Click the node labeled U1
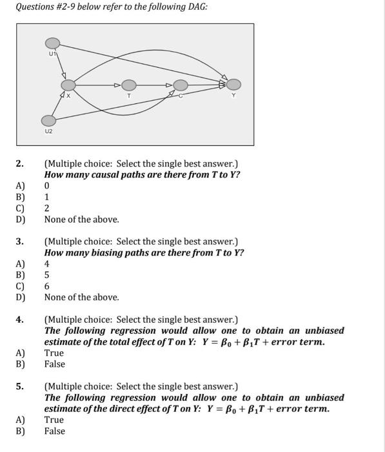[x=52, y=43]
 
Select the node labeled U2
[x=48, y=120]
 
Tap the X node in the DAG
[x=68, y=85]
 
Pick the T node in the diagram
[x=129, y=85]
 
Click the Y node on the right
[x=233, y=84]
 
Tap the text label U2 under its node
[x=49, y=131]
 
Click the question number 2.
[x=19, y=163]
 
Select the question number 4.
[x=19, y=320]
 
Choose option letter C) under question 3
[x=20, y=286]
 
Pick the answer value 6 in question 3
[x=47, y=286]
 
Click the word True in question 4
[x=54, y=353]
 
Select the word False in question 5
[x=55, y=431]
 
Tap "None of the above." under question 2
[x=82, y=220]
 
